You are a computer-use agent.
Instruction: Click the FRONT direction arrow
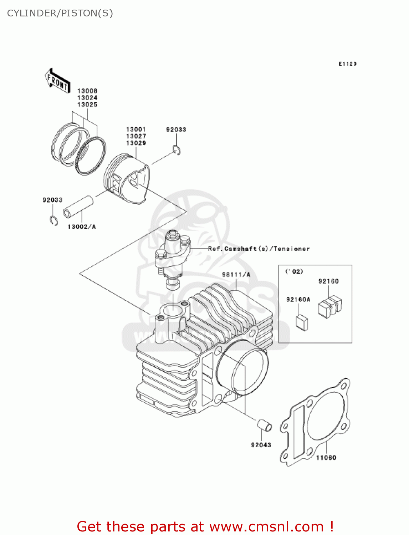point(57,81)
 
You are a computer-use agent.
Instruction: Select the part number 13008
point(87,91)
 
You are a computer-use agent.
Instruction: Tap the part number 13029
point(136,143)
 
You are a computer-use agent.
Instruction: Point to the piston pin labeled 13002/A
point(78,207)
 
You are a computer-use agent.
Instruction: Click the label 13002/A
point(82,226)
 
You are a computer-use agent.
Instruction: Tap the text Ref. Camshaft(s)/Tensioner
point(259,249)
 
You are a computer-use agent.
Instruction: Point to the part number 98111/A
point(236,275)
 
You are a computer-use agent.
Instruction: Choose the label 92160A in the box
point(298,300)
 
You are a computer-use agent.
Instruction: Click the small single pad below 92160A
point(302,322)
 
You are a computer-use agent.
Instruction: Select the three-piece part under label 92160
point(330,306)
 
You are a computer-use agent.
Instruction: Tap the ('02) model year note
point(294,271)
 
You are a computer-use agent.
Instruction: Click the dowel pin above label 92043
point(265,425)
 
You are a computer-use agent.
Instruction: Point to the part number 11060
point(326,457)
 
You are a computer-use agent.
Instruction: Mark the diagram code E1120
point(347,64)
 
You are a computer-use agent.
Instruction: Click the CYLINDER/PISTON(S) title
point(60,13)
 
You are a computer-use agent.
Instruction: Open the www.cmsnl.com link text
point(266,526)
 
